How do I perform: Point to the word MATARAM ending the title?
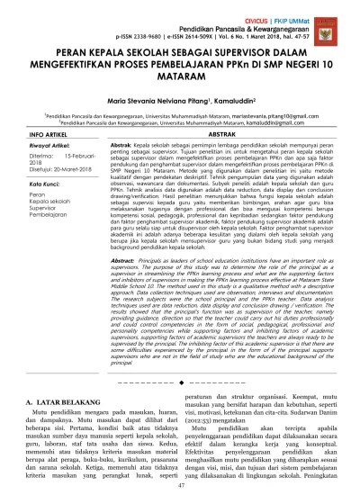(179, 90)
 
